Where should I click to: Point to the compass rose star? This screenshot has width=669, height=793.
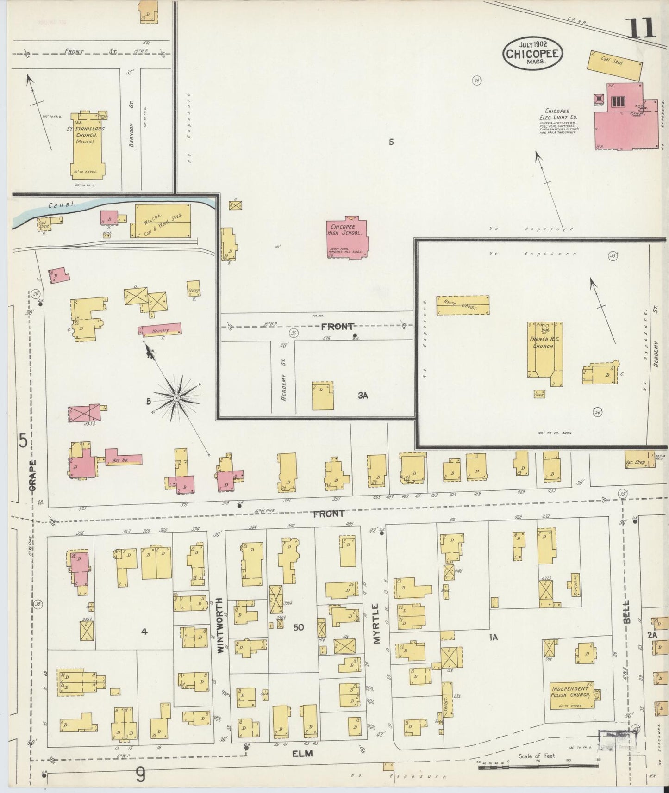coord(177,398)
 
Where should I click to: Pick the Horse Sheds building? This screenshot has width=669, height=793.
coord(463,305)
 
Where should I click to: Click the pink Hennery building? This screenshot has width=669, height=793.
coord(160,329)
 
